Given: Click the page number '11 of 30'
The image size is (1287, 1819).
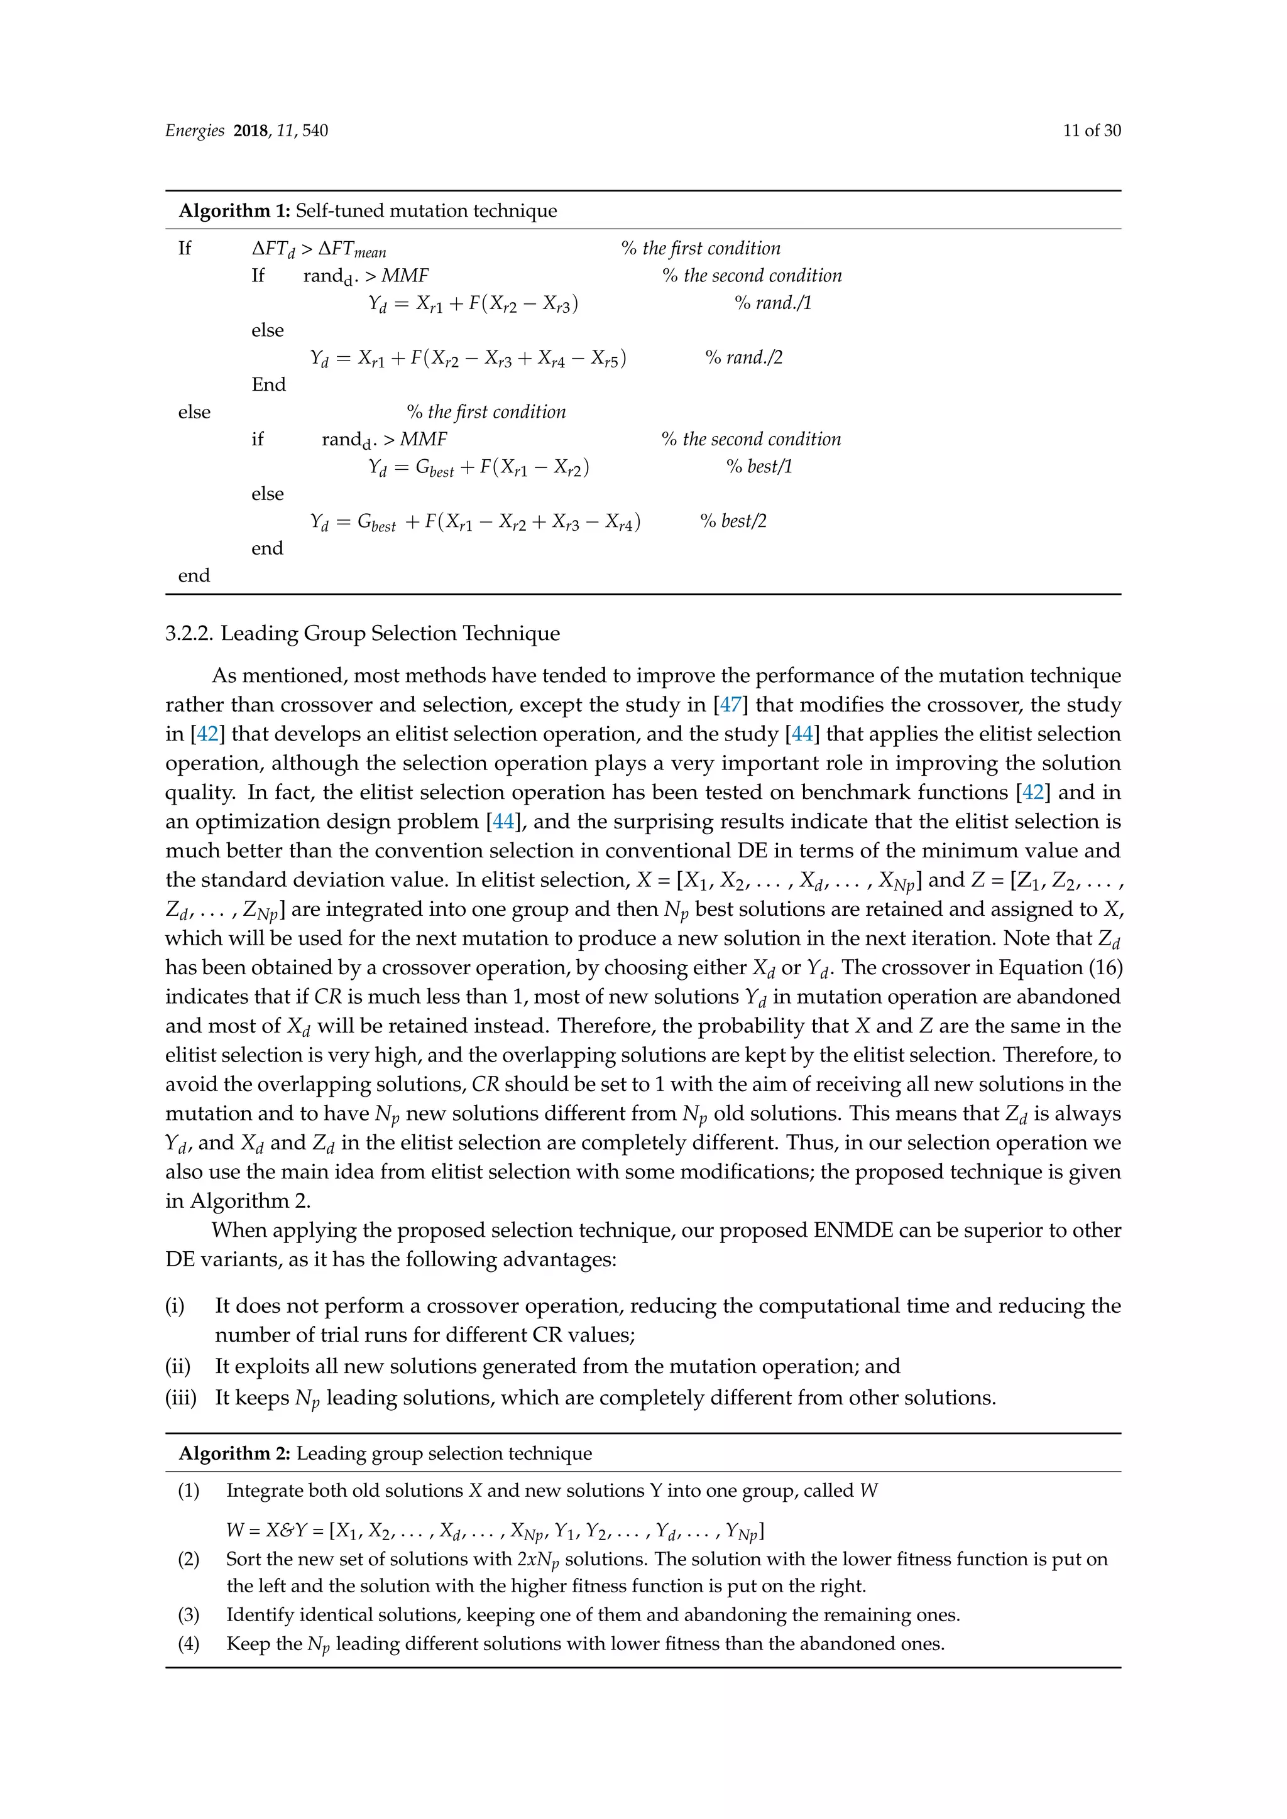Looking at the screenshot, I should click(x=1092, y=131).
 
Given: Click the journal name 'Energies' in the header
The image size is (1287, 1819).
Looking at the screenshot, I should click(x=195, y=131).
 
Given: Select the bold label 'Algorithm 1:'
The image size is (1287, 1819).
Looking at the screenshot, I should click(x=236, y=211).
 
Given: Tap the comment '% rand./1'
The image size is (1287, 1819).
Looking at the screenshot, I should click(x=773, y=303).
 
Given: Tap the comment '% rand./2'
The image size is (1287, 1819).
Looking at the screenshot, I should click(x=743, y=357).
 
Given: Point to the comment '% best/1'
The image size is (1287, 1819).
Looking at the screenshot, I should click(x=759, y=467).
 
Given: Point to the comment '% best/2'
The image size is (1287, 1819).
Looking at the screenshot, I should click(x=733, y=521).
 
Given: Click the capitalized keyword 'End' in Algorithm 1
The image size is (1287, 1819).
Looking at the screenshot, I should click(x=269, y=385).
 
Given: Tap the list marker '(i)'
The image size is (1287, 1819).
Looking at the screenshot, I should click(x=174, y=1306).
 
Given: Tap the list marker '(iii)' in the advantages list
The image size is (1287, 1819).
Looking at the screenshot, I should click(x=181, y=1398).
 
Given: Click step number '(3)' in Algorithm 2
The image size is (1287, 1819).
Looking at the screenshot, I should click(x=189, y=1615).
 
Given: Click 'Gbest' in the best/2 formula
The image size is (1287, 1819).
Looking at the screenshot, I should click(x=376, y=522).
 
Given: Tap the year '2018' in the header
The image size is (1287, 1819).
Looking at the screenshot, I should click(x=251, y=131).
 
